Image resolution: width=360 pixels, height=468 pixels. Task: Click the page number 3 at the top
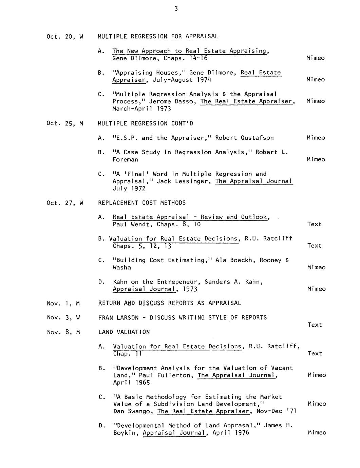[x=176, y=9]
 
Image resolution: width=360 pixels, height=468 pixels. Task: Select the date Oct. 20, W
[x=65, y=36]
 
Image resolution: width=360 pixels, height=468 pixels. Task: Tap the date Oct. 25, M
[x=65, y=123]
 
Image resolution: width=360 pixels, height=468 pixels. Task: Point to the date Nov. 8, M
[x=63, y=332]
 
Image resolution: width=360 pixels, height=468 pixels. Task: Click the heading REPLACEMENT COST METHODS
[x=142, y=203]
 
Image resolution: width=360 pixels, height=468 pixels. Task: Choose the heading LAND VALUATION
[x=124, y=332]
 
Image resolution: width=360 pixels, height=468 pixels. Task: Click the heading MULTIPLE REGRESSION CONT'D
[x=145, y=123]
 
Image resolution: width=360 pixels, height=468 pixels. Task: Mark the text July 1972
[x=129, y=189]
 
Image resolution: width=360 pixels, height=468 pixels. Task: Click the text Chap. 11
[x=127, y=354]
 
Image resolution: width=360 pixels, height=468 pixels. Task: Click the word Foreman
[x=125, y=159]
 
